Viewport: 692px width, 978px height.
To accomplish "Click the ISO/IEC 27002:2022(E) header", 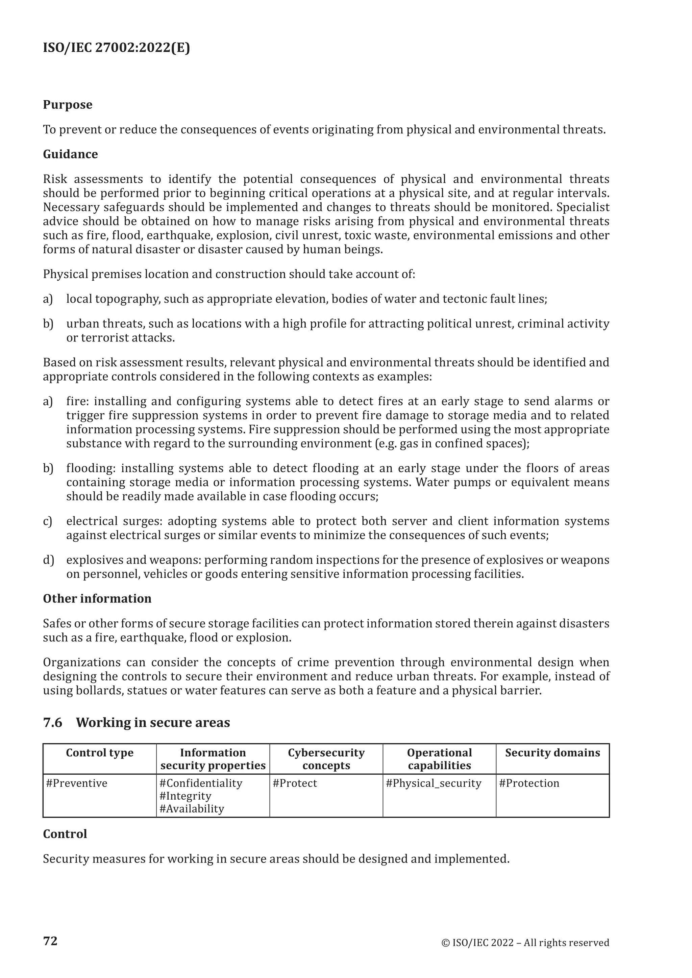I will [x=116, y=48].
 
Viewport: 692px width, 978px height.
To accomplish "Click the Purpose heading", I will [x=67, y=105].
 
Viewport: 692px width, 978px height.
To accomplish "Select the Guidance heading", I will [x=70, y=154].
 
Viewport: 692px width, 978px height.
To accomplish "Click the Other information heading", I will [x=97, y=599].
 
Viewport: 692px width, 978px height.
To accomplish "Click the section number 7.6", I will [x=52, y=723].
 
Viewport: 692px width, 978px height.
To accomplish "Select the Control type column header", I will [x=99, y=753].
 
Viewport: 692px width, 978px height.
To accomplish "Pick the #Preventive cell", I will [x=77, y=783].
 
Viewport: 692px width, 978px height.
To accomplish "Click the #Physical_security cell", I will [x=434, y=783].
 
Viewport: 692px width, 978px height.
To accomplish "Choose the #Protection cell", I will [x=529, y=783].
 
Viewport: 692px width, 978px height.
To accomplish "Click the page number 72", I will [x=50, y=941].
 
